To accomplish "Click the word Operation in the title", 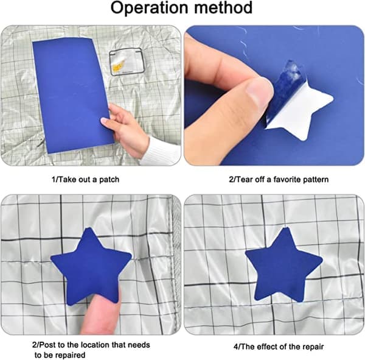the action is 149,8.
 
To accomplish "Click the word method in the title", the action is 223,7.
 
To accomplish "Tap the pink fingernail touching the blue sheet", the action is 104,121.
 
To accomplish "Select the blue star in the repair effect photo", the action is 283,264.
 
